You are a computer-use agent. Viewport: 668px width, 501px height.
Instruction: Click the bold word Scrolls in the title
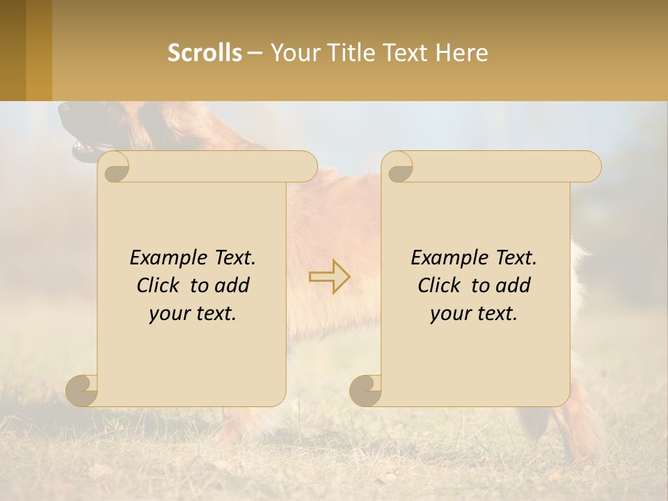(205, 53)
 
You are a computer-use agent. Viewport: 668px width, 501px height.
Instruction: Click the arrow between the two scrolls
(330, 276)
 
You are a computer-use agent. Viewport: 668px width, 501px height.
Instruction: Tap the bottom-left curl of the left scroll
(82, 390)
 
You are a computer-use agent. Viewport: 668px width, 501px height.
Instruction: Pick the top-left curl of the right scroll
(398, 168)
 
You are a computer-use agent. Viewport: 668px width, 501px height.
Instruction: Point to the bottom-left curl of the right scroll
(366, 390)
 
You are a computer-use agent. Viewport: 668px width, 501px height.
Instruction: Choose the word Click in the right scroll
(438, 285)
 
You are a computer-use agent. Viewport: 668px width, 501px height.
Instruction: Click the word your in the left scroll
(167, 314)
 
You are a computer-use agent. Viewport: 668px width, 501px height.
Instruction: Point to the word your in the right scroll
(448, 314)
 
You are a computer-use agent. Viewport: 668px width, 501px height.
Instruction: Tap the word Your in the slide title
(293, 53)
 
